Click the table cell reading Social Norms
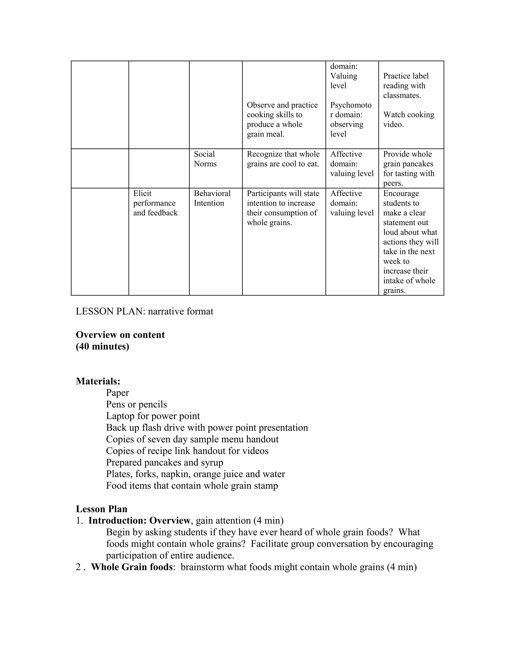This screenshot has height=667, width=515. click(x=205, y=159)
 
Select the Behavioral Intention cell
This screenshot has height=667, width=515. click(x=212, y=198)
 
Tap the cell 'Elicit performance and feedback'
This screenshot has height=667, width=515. click(x=155, y=203)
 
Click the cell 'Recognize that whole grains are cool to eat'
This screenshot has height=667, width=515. click(x=283, y=159)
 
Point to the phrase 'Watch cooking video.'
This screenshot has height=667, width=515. click(x=409, y=119)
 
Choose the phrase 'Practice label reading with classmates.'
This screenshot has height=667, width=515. click(x=406, y=86)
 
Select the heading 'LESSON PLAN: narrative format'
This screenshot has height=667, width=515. click(x=144, y=311)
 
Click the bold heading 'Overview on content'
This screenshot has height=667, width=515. click(x=120, y=335)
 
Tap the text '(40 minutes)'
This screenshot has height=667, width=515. click(x=103, y=346)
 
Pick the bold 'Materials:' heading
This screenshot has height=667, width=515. click(x=98, y=381)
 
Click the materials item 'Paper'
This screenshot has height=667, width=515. click(x=117, y=393)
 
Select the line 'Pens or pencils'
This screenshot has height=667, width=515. click(x=136, y=404)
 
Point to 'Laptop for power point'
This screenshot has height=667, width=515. click(x=153, y=416)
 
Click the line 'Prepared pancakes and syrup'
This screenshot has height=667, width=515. click(x=164, y=462)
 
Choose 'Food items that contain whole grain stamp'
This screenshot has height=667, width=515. click(x=192, y=486)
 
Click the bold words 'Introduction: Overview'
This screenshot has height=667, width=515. click(x=139, y=521)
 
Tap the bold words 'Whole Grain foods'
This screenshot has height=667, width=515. click(x=132, y=567)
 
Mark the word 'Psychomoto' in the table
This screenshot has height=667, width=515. click(x=351, y=105)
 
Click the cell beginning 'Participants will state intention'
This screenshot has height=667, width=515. click(x=283, y=208)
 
